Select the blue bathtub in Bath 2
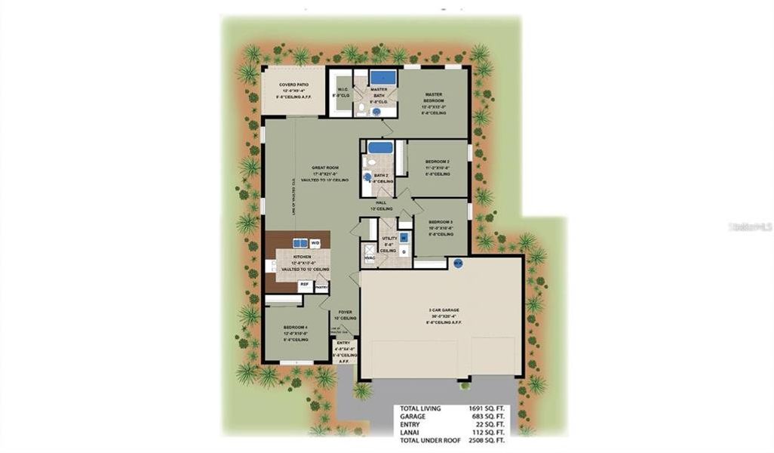(x=379, y=147)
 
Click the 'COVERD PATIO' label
(x=293, y=85)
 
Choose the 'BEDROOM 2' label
(x=437, y=162)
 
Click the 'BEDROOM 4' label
(x=295, y=327)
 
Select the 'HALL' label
(x=381, y=203)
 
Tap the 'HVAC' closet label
(x=370, y=258)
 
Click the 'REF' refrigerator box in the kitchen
(x=304, y=285)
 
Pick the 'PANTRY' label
(x=321, y=287)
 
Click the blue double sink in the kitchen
(x=299, y=243)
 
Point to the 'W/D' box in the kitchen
(x=315, y=243)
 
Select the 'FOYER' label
(x=346, y=311)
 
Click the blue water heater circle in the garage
(x=458, y=263)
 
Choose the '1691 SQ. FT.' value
(x=487, y=408)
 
